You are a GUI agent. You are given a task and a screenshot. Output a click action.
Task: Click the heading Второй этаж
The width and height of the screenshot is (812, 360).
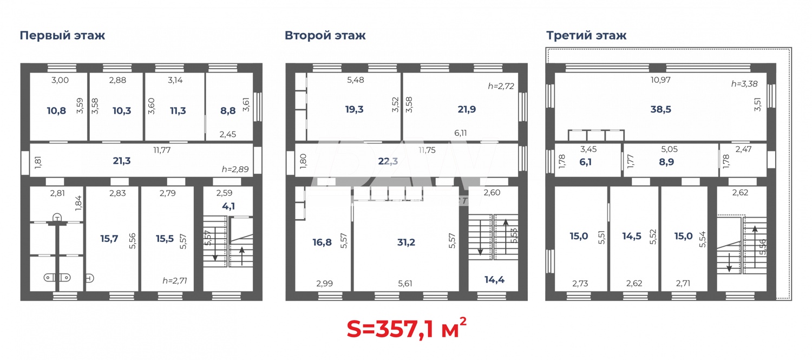coord(325,36)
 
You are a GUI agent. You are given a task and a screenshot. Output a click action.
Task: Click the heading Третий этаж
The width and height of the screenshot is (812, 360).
coord(586,36)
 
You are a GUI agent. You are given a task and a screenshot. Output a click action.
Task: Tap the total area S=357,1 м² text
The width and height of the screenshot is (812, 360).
coord(406,328)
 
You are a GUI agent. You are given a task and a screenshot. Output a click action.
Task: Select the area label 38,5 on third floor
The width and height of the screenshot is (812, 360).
coord(660,109)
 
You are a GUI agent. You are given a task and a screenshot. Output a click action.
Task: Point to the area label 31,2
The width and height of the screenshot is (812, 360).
coord(406,242)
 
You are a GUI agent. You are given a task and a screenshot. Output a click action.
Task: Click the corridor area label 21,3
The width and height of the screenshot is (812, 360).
coord(122,160)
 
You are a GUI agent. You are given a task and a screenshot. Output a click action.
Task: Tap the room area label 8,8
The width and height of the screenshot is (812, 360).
coord(228,111)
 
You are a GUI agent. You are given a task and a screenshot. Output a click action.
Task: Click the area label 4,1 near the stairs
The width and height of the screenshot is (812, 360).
coord(228,206)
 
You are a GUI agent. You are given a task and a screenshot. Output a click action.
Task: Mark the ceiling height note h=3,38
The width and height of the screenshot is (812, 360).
coord(744,84)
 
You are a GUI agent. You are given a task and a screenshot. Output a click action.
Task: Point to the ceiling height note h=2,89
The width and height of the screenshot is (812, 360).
coord(235,169)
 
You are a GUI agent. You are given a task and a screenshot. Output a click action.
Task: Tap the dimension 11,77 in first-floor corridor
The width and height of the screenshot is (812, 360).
coord(162,150)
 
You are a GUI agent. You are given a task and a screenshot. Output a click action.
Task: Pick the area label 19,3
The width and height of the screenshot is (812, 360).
coord(354,109)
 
